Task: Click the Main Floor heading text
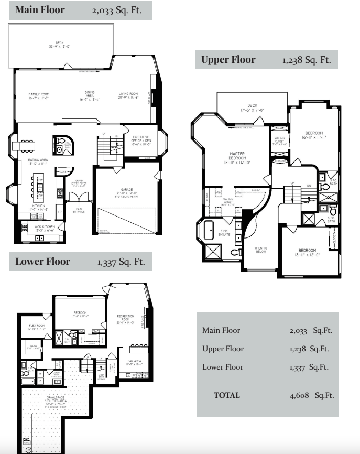pos(40,10)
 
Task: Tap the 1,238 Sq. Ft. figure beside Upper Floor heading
pos(307,60)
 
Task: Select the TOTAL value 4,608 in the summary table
pos(301,395)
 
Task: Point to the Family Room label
pos(38,95)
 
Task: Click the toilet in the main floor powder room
pos(59,150)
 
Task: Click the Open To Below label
pos(260,250)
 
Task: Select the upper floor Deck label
pos(251,107)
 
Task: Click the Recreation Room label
pos(126,318)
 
